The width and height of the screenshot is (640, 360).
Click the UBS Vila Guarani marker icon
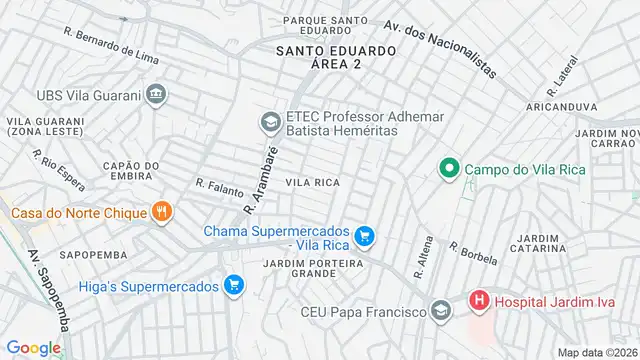155,95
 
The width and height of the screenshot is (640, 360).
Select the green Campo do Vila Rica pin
449,169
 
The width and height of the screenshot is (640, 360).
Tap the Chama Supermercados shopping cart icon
366,236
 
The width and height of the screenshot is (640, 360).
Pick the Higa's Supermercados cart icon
234,286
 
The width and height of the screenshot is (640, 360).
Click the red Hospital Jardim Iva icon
481,300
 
